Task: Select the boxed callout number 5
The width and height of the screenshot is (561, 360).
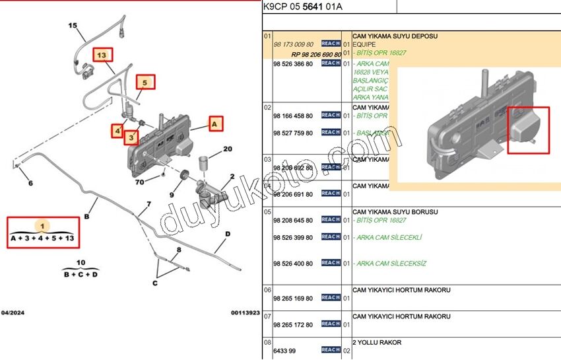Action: [x=146, y=83]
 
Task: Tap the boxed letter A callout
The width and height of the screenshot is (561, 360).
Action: [x=215, y=123]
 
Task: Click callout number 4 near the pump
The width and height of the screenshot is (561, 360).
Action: [x=117, y=131]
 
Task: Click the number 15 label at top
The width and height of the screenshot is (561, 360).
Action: [x=73, y=26]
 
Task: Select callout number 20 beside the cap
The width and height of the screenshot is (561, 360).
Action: [x=227, y=149]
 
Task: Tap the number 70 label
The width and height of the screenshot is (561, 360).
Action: [x=139, y=182]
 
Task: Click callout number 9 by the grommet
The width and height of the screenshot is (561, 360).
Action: [x=171, y=195]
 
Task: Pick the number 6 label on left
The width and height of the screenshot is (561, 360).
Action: [x=30, y=183]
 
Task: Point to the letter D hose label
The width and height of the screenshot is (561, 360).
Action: [x=227, y=234]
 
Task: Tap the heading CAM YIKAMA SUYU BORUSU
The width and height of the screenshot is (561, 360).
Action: [x=395, y=212]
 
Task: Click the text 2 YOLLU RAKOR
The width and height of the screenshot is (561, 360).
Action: [x=377, y=343]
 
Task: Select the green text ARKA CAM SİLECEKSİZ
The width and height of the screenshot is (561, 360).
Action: [x=390, y=264]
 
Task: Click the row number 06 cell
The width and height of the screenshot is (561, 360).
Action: [x=267, y=290]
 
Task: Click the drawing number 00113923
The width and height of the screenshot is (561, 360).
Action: [x=245, y=312]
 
